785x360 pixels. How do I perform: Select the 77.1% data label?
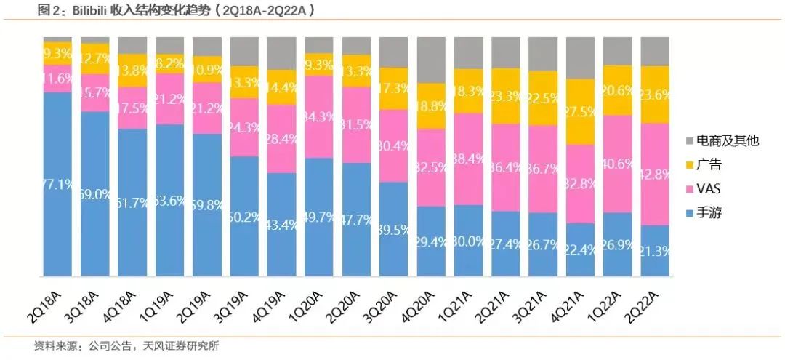click(57, 184)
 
